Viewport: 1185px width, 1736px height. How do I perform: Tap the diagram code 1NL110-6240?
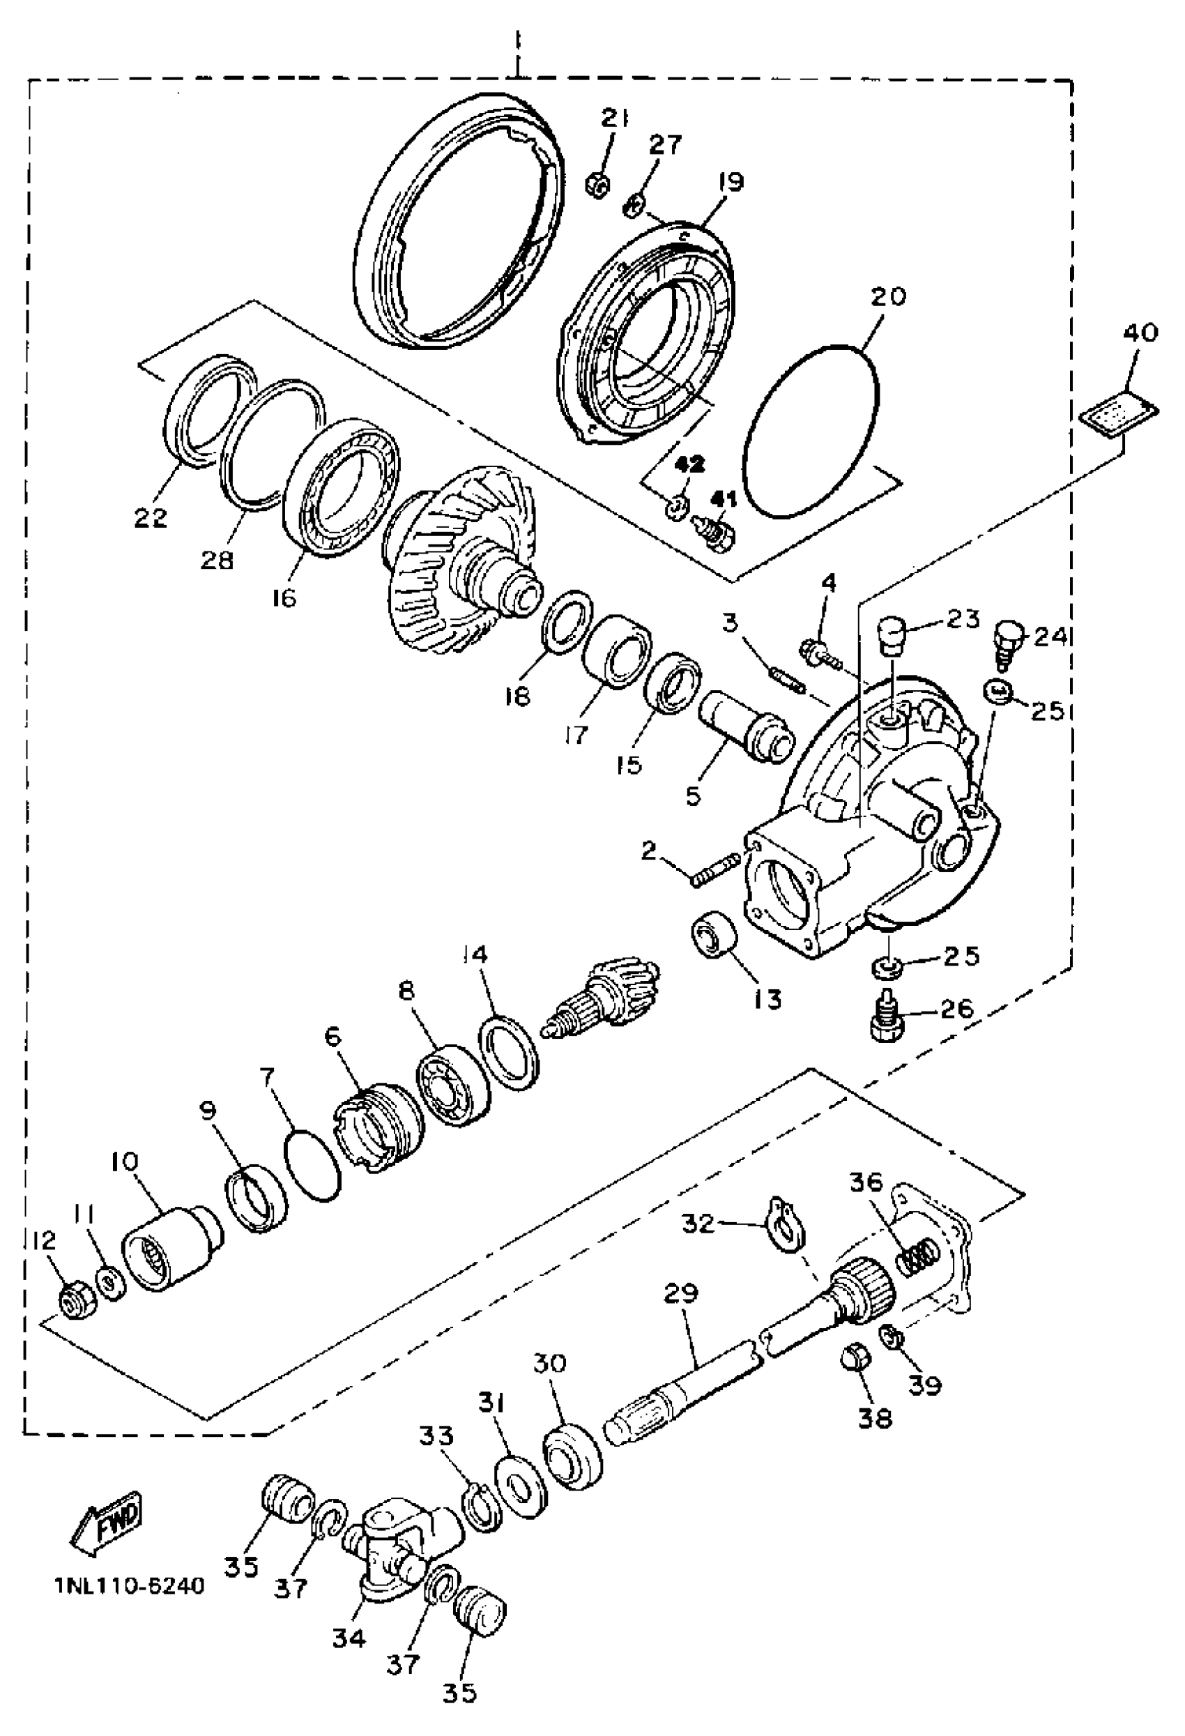click(128, 1586)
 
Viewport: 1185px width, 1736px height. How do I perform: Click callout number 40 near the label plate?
click(1140, 332)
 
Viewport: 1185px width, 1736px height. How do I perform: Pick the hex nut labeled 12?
click(72, 1304)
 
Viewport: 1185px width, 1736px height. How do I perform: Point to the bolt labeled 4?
click(819, 647)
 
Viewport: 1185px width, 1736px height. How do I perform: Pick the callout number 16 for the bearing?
click(284, 597)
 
